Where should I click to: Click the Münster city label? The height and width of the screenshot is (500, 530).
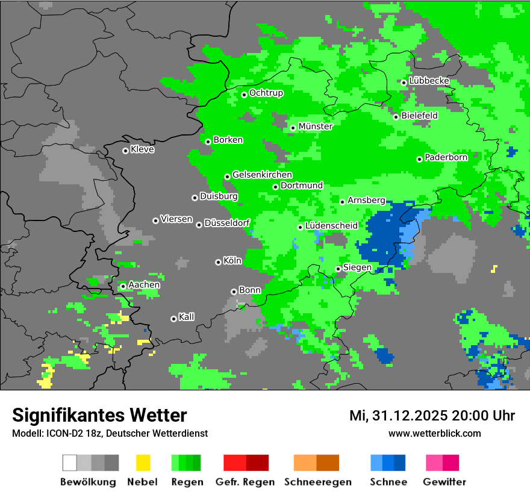pos(315,127)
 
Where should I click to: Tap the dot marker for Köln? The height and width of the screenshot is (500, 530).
pos(218,262)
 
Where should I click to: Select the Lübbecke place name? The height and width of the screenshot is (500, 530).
pos(429,81)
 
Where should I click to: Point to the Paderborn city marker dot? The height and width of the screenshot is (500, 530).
pos(420,159)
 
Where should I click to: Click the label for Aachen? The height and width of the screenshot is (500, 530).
pos(144,285)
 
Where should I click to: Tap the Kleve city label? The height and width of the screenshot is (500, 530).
pos(142,149)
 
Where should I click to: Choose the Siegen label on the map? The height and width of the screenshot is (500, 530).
pos(357,267)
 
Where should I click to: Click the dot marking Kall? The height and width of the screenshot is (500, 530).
pos(174,319)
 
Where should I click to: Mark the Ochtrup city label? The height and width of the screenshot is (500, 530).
pos(266,93)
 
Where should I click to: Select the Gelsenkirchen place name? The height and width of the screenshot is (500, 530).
pos(262,175)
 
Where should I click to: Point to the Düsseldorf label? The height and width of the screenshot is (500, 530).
pos(227,223)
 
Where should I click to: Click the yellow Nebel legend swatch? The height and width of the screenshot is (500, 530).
pos(143,463)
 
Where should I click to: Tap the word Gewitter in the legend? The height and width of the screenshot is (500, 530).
pos(444,482)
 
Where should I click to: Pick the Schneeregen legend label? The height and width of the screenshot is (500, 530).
pos(318,482)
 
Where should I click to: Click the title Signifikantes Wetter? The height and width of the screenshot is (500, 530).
pos(99,415)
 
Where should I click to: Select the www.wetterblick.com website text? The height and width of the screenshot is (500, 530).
pos(435,433)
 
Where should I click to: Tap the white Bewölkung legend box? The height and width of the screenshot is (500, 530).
pos(70,463)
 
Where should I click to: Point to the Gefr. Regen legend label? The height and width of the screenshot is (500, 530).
pos(245,482)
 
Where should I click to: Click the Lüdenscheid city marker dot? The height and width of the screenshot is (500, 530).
pos(300,227)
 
